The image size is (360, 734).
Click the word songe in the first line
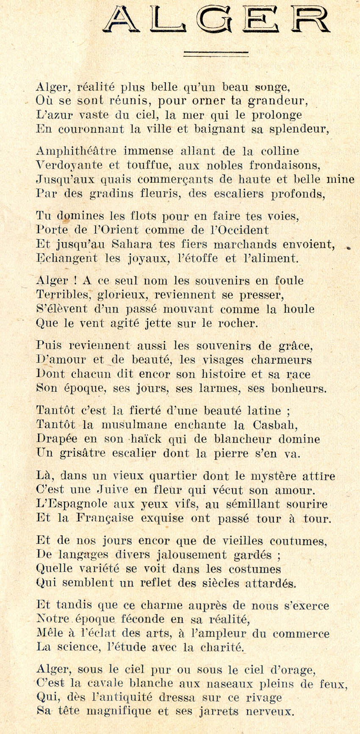273,88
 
